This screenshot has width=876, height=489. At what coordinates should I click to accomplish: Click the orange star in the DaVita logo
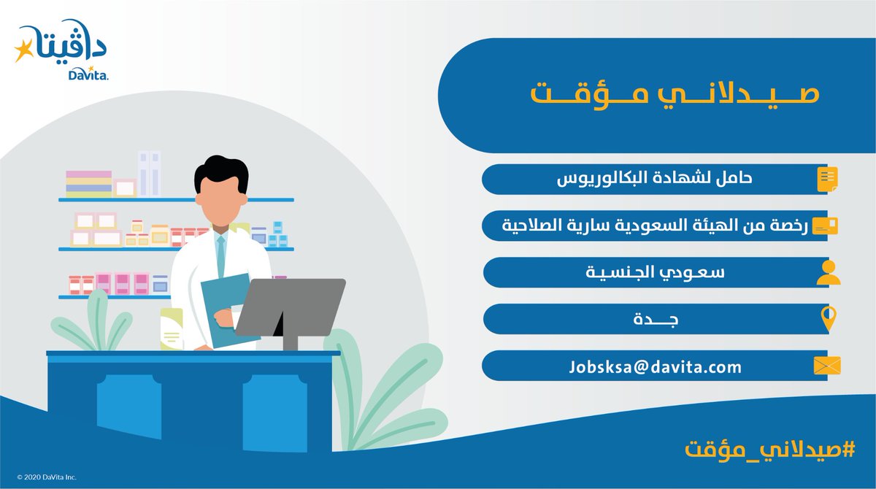coord(23,50)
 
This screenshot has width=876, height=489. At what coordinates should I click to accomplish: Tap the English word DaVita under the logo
coord(88,74)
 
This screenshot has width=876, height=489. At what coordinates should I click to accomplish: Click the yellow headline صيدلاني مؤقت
coord(675,96)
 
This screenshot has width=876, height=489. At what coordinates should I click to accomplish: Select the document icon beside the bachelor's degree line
coord(828,180)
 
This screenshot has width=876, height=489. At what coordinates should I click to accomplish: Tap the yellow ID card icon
coord(825,226)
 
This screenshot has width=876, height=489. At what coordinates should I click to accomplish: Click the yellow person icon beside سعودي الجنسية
coord(829,272)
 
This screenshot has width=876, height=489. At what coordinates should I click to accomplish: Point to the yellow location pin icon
coord(829,318)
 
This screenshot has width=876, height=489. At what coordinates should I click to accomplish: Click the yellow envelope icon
coord(827,366)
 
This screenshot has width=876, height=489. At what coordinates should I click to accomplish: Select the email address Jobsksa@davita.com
coord(655,367)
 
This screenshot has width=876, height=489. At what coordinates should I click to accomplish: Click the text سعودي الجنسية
coord(655,272)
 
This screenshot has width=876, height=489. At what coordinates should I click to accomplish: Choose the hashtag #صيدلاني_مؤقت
coord(769,450)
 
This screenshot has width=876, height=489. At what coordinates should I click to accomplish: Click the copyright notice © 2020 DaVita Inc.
coord(47,477)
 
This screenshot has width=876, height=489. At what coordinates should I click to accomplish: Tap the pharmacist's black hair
coord(221,172)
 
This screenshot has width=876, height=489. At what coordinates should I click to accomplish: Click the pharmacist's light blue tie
coord(221,256)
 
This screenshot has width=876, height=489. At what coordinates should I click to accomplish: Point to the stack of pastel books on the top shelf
coord(89,184)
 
